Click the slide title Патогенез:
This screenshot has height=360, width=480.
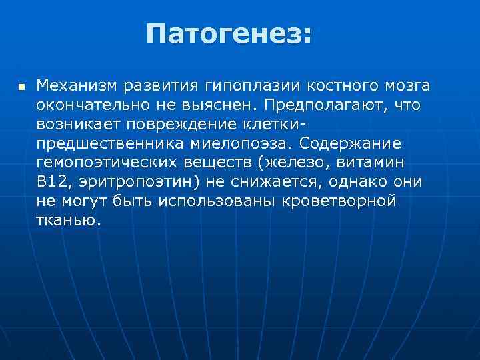(x=229, y=33)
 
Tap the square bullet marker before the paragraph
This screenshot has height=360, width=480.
(x=21, y=87)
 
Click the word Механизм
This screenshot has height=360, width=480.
(x=77, y=85)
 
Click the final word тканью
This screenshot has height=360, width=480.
(x=69, y=221)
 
